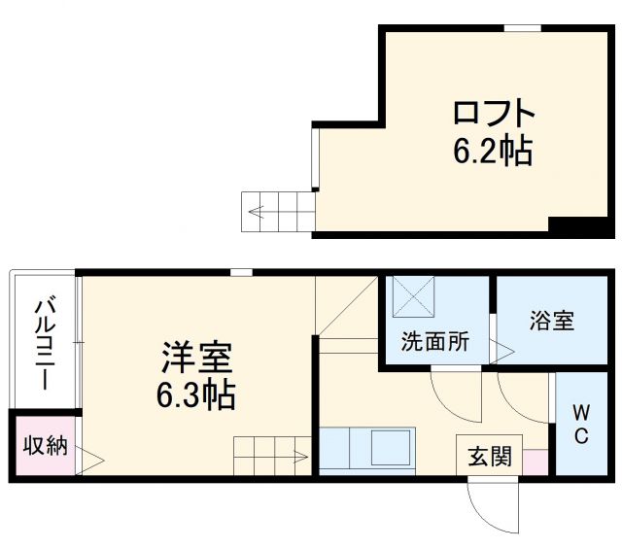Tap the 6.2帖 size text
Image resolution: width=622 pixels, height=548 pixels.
pyautogui.click(x=492, y=152)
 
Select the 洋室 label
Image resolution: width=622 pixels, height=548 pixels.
pyautogui.click(x=196, y=358)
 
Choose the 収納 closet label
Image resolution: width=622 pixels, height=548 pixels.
pyautogui.click(x=45, y=446)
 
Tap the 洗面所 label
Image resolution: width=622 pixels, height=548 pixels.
pyautogui.click(x=435, y=342)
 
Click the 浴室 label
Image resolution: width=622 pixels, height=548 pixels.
pyautogui.click(x=551, y=321)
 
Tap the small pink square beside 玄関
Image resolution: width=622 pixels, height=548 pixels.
pyautogui.click(x=535, y=461)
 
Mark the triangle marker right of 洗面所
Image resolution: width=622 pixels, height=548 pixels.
pyautogui.click(x=503, y=349)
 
